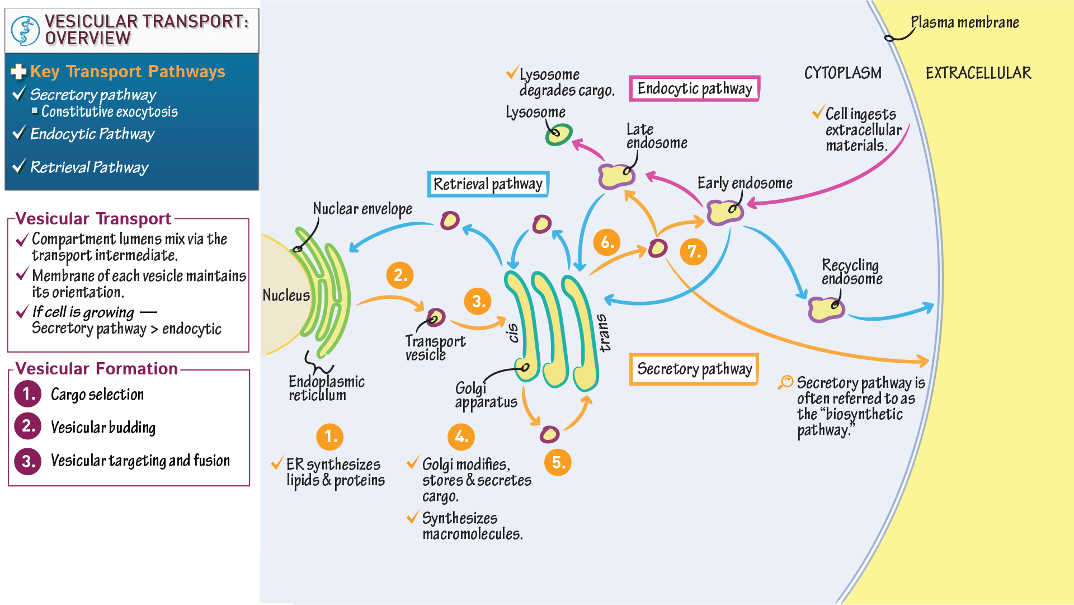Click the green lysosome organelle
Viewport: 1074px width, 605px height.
[558, 134]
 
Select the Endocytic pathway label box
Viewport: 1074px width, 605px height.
[694, 88]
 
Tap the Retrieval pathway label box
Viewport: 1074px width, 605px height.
[488, 184]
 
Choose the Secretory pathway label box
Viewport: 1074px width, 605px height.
[694, 369]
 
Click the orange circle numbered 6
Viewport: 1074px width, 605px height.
[607, 242]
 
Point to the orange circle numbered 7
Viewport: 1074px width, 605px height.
[694, 251]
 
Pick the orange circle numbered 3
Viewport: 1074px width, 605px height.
[478, 301]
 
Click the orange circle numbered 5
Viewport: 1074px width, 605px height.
[558, 462]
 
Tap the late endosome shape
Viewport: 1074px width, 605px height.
[616, 176]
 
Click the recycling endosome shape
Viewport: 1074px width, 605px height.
[826, 309]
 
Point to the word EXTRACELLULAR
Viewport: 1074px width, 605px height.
[978, 73]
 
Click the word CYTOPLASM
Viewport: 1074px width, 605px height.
[842, 73]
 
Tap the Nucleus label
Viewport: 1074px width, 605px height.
[286, 296]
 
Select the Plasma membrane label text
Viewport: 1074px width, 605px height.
[964, 23]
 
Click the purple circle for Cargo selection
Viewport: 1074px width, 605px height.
[28, 394]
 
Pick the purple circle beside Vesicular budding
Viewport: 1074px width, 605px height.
[28, 426]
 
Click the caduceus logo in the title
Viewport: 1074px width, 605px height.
[25, 30]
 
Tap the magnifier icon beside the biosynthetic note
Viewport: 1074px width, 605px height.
[786, 382]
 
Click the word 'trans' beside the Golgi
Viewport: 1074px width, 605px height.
[604, 333]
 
